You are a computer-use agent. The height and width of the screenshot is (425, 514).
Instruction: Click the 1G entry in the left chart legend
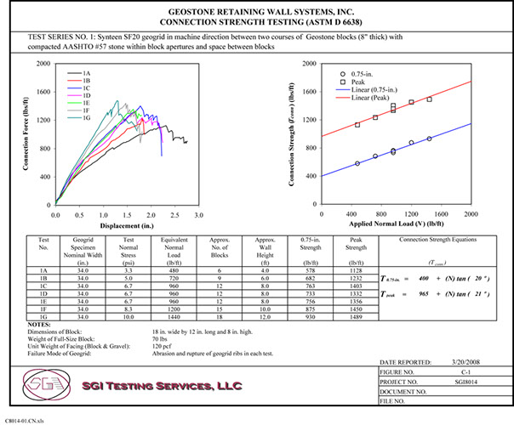pyautogui.click(x=86, y=120)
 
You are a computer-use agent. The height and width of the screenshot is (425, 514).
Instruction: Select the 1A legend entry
pyautogui.click(x=86, y=74)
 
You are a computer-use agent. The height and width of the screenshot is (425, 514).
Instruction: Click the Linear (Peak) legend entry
pyautogui.click(x=351, y=98)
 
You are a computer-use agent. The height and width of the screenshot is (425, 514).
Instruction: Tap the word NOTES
pyautogui.click(x=40, y=324)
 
